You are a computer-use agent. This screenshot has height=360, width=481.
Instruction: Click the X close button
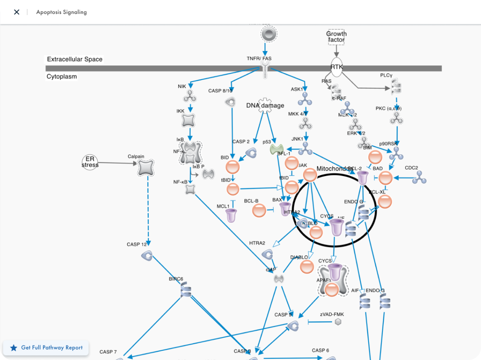click(17, 12)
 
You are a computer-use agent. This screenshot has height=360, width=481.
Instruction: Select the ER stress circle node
click(90, 163)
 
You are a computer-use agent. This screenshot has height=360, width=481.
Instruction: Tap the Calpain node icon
click(146, 168)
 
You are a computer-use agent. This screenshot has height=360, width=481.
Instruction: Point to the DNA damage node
click(265, 105)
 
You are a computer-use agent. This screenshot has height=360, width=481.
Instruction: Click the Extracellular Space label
click(75, 59)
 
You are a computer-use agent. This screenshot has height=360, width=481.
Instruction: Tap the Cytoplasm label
click(62, 77)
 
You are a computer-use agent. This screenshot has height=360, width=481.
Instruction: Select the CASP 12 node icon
click(147, 256)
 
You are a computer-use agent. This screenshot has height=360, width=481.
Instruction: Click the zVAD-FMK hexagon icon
click(338, 322)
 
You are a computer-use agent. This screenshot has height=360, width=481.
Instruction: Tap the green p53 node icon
click(276, 149)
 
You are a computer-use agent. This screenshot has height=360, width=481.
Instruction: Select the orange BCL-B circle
click(259, 210)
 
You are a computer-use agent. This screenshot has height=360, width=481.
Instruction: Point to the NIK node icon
click(190, 96)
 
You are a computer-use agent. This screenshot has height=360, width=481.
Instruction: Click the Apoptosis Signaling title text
click(62, 12)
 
